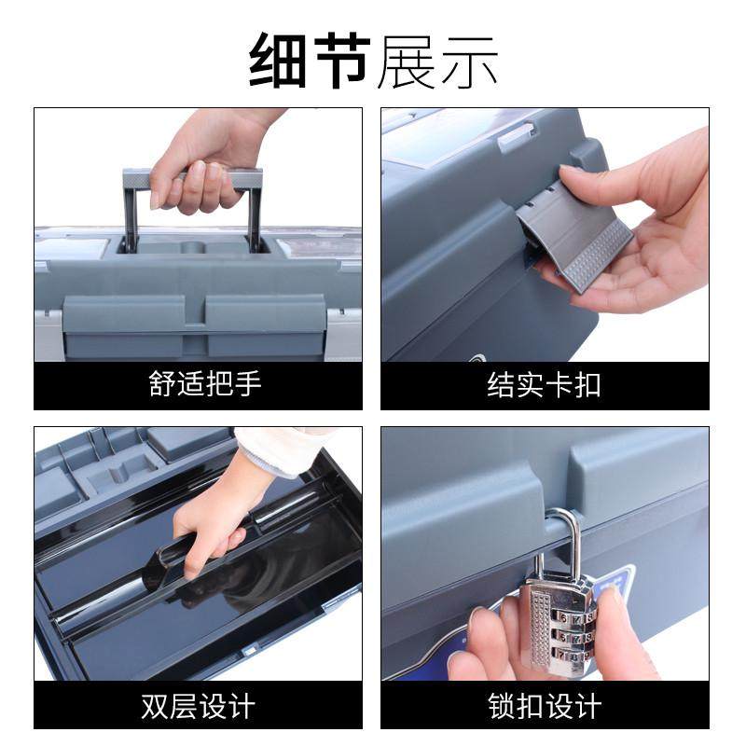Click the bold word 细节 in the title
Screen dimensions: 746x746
(x=310, y=61)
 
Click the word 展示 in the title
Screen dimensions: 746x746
(x=437, y=61)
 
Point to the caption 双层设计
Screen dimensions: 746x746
(x=198, y=705)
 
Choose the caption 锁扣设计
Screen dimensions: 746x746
(x=545, y=705)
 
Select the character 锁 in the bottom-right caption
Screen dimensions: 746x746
(x=503, y=705)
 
